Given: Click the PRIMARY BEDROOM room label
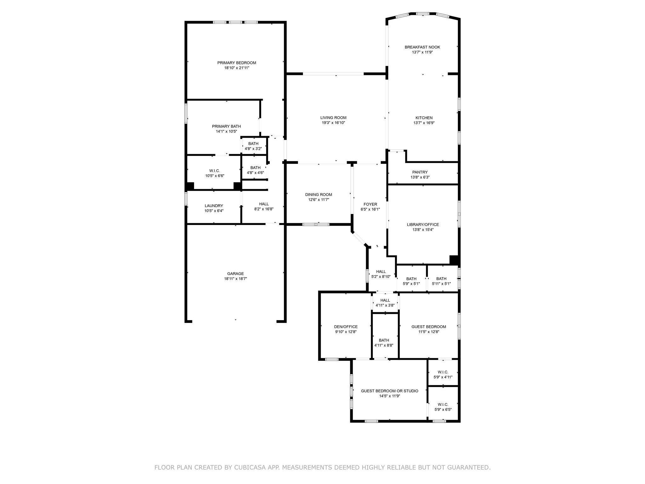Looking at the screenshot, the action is coord(237,63).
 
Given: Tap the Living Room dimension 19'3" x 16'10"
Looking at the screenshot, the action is coord(333,123).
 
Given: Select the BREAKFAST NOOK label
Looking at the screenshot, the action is coord(422,47).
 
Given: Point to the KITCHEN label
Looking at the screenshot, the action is coord(424,118).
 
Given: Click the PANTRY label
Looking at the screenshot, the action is coord(420,172).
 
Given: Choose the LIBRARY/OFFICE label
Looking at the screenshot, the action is coord(423,225).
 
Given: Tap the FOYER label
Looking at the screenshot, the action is coord(370,204).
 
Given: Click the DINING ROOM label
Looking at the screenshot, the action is coord(318,195).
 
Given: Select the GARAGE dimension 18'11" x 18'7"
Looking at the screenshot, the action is coord(235,279).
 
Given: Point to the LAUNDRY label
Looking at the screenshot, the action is coord(214,206).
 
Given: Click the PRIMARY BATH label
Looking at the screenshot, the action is coord(226,126).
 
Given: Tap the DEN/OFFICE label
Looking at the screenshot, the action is coord(346,327).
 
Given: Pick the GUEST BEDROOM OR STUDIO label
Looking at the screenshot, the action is coord(390,391).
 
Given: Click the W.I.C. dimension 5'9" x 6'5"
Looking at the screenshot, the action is coord(443,410).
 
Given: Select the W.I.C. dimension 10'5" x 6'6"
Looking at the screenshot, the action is coord(214,176).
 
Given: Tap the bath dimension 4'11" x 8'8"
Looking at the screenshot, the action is coord(384,345).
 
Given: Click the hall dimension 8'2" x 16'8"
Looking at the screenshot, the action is coord(264,209).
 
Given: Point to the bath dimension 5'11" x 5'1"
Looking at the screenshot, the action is coord(441,284).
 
